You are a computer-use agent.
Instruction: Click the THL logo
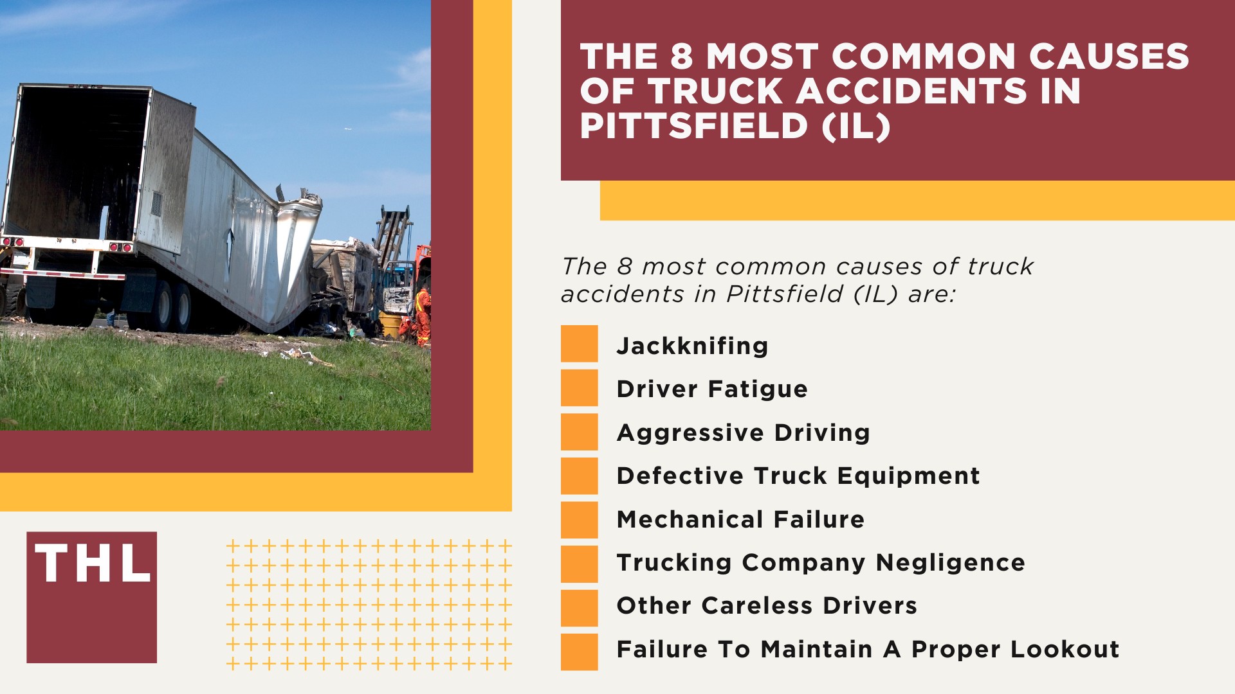click(x=91, y=597)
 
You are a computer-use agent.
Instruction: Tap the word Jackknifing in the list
click(x=692, y=346)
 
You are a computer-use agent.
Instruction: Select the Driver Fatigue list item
click(x=711, y=389)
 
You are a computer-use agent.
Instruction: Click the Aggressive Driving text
click(x=743, y=432)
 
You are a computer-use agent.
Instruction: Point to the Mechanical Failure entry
click(x=740, y=519)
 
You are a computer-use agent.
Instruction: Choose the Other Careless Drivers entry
click(x=766, y=605)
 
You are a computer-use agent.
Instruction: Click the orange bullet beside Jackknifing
click(x=579, y=344)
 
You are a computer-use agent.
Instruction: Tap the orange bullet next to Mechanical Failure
click(x=579, y=520)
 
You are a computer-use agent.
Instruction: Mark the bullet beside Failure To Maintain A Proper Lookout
click(x=579, y=652)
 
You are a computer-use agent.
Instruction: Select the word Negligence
click(x=950, y=562)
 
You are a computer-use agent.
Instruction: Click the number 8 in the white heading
click(x=681, y=57)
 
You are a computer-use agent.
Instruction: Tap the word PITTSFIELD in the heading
click(x=693, y=125)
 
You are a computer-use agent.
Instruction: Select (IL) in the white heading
click(x=856, y=126)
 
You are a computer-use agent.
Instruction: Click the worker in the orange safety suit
click(x=423, y=315)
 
